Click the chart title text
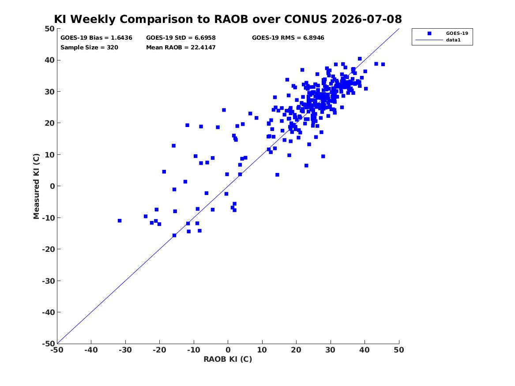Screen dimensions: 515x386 (x=228, y=19)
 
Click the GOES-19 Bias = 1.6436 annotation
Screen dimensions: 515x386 (x=96, y=38)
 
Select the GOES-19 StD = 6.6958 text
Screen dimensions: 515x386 (x=180, y=38)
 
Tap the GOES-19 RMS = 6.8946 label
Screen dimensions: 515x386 (x=288, y=38)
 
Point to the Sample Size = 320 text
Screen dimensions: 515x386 (x=89, y=47)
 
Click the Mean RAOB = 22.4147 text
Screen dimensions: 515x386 (x=180, y=47)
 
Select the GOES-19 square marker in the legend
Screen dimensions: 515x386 (x=429, y=33)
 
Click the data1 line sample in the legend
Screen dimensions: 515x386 (x=429, y=40)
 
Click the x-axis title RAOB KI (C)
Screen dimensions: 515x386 (x=228, y=359)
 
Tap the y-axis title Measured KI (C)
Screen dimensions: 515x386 (x=36, y=186)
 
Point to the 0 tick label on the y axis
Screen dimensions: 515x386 (x=53, y=186)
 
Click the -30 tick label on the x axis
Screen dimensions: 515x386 (x=125, y=350)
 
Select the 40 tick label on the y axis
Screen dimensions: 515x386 (x=49, y=60)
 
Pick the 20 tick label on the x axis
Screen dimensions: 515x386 (x=296, y=350)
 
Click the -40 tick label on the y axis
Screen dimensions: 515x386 (x=48, y=312)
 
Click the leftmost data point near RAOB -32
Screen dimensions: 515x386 (x=120, y=221)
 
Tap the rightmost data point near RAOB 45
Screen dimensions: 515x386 (x=383, y=64)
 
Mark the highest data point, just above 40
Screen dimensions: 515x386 (x=360, y=59)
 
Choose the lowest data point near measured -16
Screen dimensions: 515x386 (x=174, y=235)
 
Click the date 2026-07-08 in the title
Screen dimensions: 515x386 (x=367, y=19)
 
